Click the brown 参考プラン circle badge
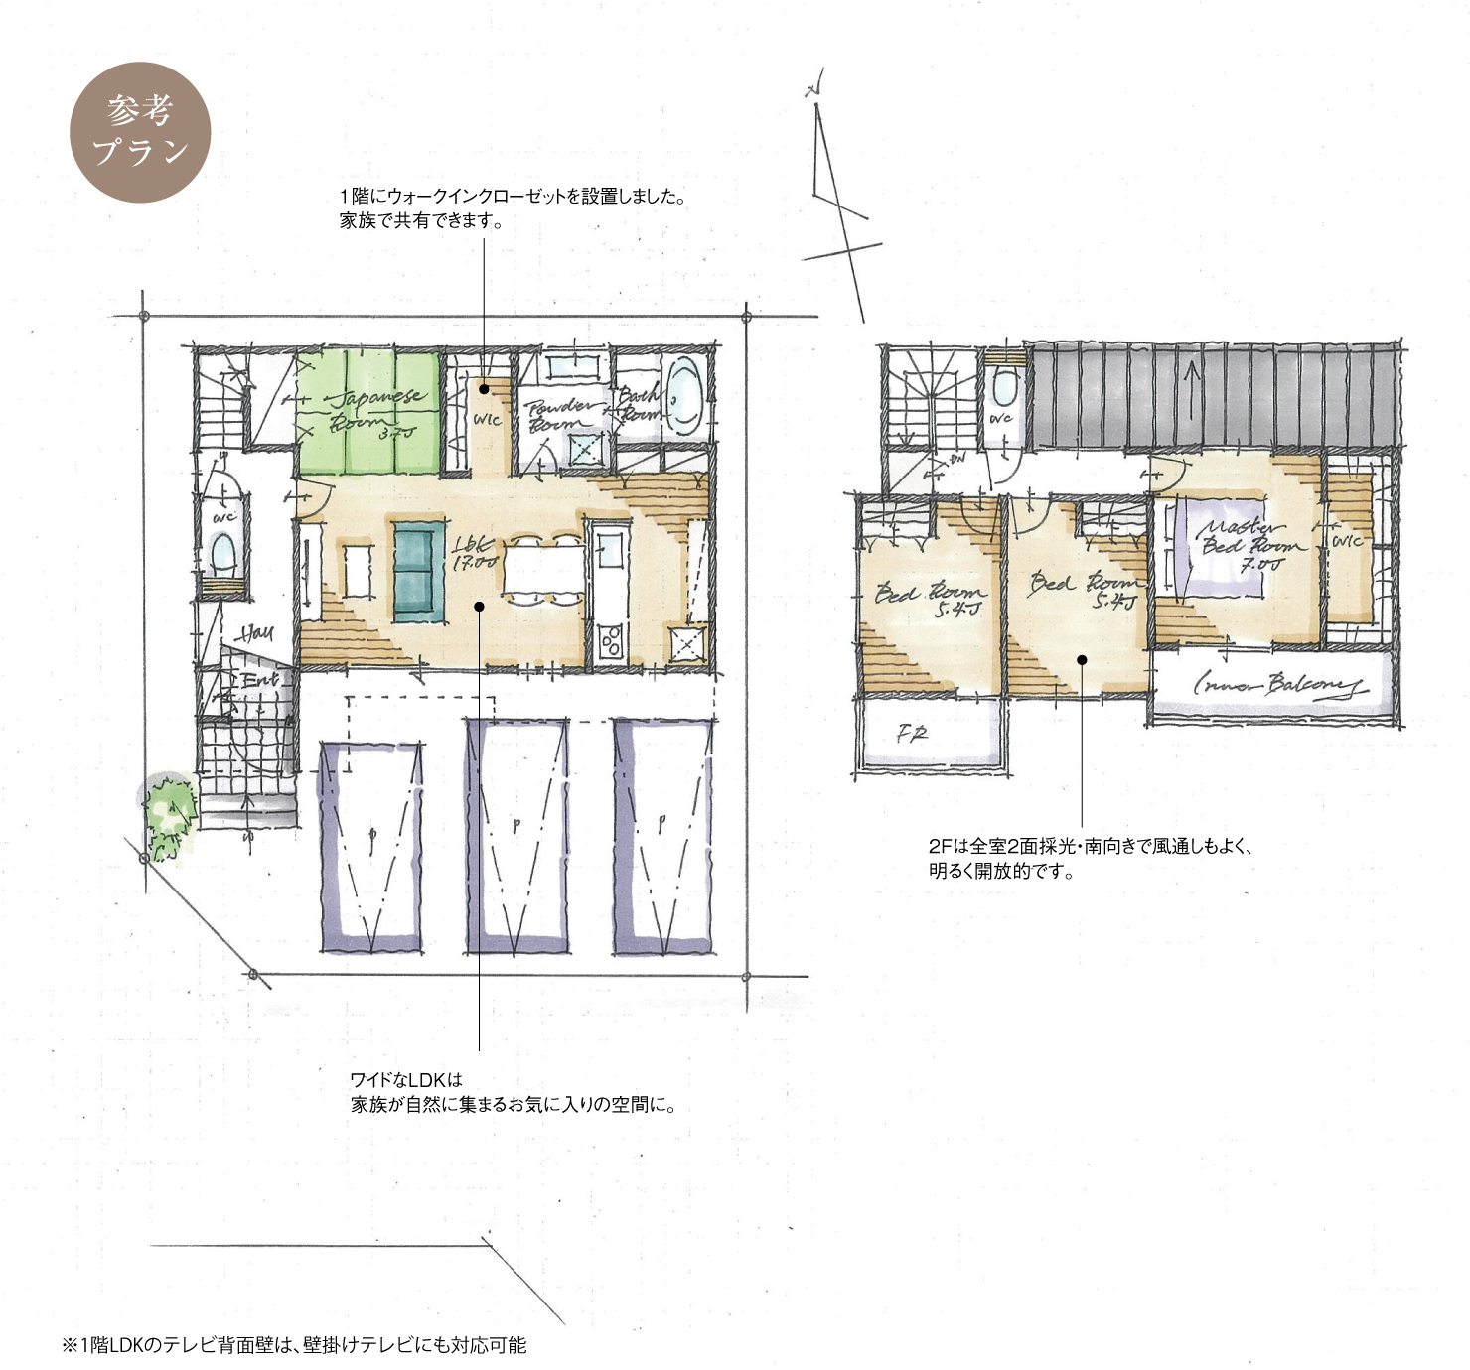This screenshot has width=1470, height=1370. pos(140,132)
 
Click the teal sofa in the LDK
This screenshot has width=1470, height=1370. pos(418,572)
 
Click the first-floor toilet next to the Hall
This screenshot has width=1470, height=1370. pos(222,555)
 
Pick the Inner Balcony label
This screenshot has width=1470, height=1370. pos(1275,685)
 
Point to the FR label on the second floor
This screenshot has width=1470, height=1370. pos(912,735)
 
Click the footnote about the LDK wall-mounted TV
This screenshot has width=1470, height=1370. pos(294,1345)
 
